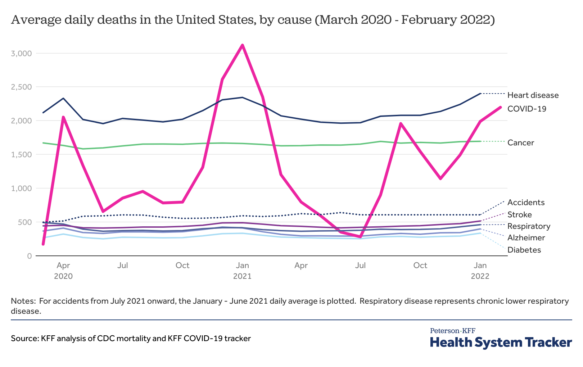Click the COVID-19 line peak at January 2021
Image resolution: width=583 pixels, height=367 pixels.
click(243, 45)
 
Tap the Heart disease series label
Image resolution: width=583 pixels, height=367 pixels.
click(533, 95)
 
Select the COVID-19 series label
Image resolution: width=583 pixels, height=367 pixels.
click(526, 109)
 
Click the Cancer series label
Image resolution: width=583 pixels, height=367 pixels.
click(520, 143)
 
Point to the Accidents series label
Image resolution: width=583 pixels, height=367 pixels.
click(526, 203)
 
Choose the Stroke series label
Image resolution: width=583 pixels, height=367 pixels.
click(519, 215)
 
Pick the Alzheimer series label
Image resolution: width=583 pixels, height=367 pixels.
click(526, 238)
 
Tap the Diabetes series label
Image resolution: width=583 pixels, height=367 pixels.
click(524, 250)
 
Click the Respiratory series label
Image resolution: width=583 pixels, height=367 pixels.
click(528, 226)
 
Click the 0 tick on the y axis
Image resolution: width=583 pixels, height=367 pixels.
click(30, 256)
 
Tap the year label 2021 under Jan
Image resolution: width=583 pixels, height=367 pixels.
click(242, 276)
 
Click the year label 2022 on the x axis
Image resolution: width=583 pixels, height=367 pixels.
click(480, 276)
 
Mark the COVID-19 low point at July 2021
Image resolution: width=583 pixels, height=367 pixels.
click(360, 237)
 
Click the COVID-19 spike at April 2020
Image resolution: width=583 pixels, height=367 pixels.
click(63, 117)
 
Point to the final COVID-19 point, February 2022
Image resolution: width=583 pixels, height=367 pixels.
click(500, 107)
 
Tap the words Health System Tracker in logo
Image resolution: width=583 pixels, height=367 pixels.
click(501, 342)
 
